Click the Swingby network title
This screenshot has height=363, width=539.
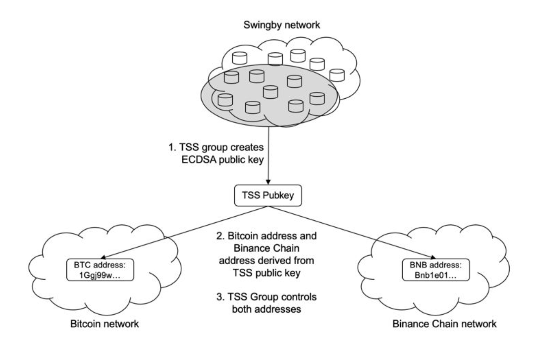point(282,25)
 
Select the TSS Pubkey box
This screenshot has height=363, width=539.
point(268,196)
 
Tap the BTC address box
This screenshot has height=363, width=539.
point(100,270)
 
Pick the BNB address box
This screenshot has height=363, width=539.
point(435,270)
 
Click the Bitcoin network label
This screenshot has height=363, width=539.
point(104,324)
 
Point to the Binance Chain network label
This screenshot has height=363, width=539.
point(444,324)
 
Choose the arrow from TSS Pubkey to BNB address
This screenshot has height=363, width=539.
point(351,232)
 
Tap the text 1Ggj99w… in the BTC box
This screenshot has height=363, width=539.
point(100,276)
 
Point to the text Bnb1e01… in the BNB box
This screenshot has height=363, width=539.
point(435,276)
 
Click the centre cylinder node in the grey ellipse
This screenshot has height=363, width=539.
point(270,92)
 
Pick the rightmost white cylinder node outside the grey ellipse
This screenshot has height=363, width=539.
point(337,75)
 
